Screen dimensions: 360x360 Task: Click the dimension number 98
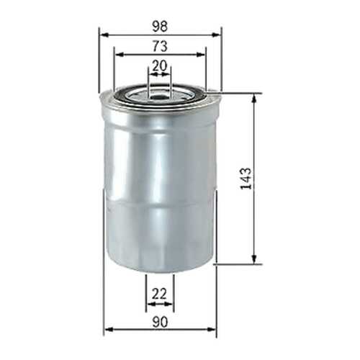pos(160,26)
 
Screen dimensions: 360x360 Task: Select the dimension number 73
pos(160,46)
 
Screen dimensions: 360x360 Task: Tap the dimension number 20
pos(160,66)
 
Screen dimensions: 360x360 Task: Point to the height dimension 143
pos(246,179)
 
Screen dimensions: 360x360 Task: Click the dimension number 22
pos(159,294)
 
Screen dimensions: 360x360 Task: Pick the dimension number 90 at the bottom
pos(160,322)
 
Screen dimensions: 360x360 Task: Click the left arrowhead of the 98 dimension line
pos(104,35)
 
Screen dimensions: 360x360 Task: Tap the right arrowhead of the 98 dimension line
pos(216,35)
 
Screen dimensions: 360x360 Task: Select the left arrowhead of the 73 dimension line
pos(119,55)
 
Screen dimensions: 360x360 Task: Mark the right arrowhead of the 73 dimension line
pos(201,55)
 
